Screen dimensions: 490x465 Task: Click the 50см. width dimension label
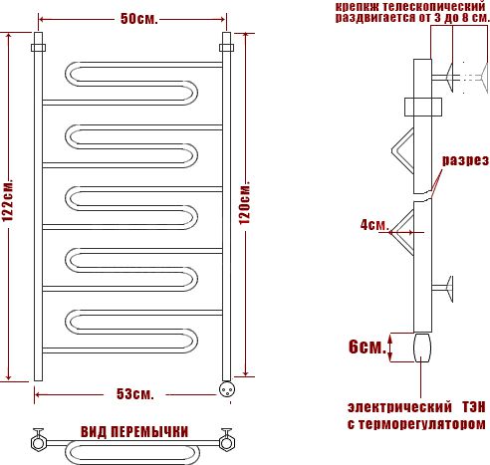point(138,19)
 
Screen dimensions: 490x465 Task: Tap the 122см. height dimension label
point(7,200)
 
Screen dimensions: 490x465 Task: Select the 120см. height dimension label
point(245,203)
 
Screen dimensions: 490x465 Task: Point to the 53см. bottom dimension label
point(135,394)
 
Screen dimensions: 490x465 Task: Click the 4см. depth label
point(374,225)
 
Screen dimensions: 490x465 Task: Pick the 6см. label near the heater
point(367,348)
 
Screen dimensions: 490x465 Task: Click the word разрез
point(465,160)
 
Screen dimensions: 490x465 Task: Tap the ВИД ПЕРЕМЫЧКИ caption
point(134,432)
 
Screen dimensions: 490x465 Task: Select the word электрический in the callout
point(399,407)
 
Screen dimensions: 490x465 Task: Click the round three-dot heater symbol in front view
point(227,389)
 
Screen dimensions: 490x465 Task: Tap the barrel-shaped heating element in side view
point(422,348)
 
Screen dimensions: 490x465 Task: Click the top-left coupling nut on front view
point(39,48)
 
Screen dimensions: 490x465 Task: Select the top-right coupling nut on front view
point(226,48)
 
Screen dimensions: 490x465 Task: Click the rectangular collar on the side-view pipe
point(423,107)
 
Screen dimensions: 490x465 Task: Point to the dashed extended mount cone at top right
point(484,78)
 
